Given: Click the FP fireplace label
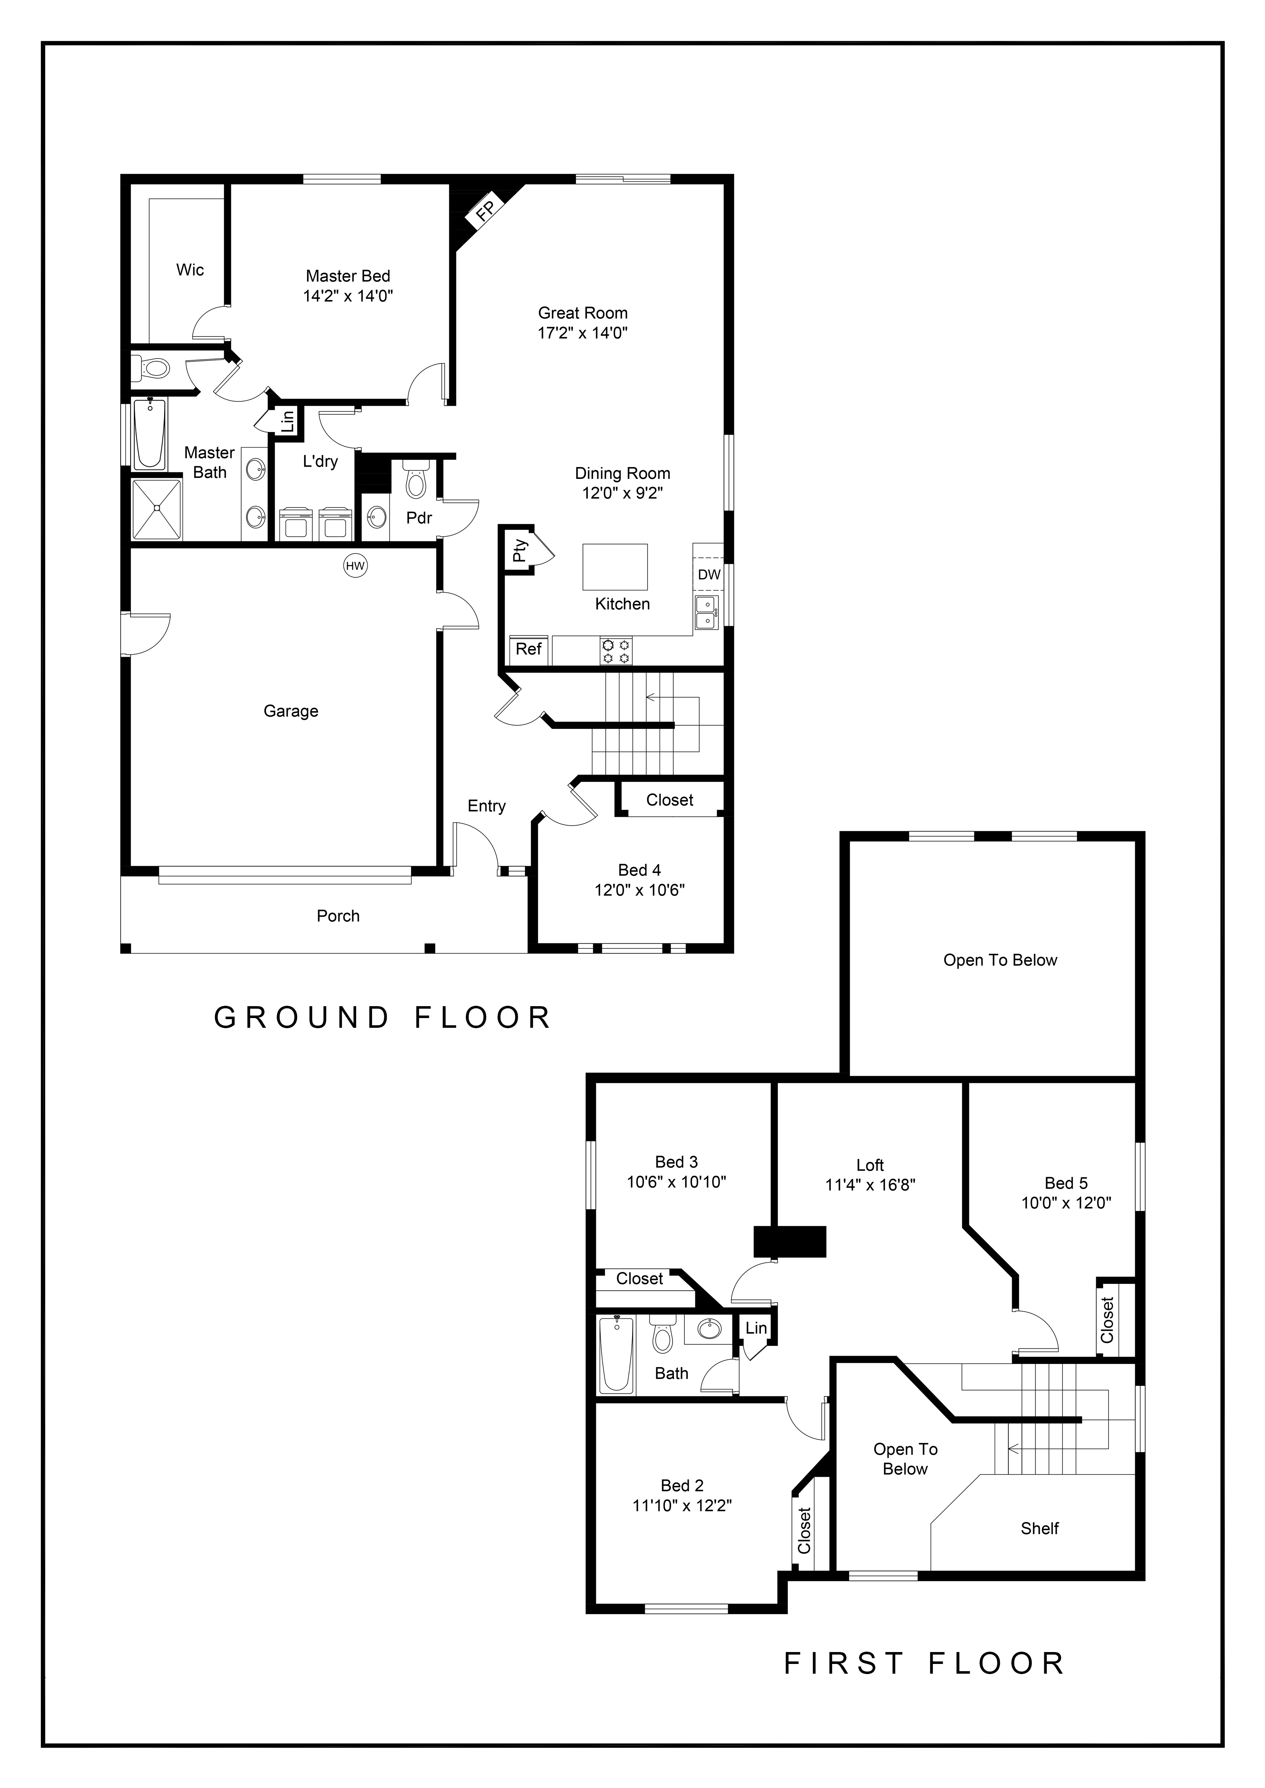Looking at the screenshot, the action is point(486,210).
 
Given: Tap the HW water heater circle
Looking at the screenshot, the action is point(355,566).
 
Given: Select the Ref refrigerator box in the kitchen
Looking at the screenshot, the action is point(529,649).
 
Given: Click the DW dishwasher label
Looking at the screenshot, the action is point(709,575).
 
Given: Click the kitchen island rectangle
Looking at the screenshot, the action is point(616,567).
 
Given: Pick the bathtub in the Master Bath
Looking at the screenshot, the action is point(150,434).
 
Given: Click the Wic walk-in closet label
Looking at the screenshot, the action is point(190,270).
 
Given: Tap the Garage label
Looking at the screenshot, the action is point(290,711).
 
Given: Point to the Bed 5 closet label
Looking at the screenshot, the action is point(1107,1319).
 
